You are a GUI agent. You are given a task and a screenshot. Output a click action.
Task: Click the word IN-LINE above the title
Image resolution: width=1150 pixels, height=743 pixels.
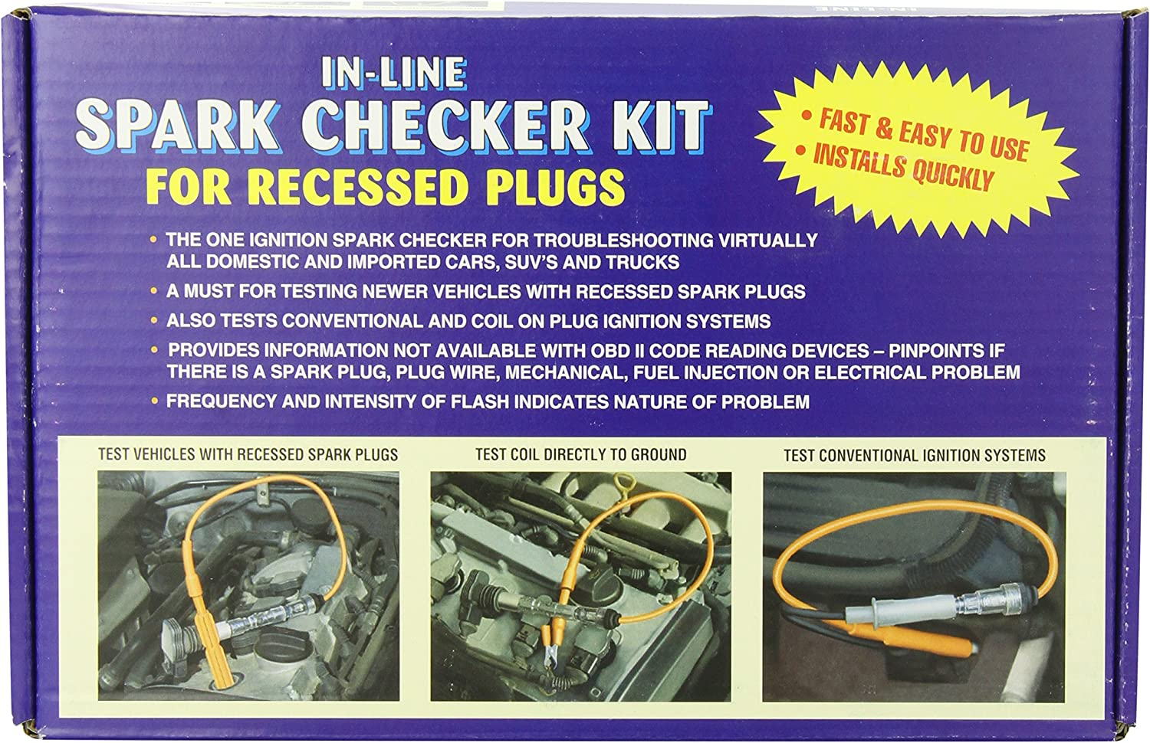click(x=393, y=73)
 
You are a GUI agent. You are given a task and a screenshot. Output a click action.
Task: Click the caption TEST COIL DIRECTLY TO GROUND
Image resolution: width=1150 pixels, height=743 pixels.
click(x=580, y=454)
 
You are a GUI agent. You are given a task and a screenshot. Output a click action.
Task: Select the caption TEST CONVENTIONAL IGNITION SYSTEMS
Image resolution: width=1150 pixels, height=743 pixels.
click(x=914, y=455)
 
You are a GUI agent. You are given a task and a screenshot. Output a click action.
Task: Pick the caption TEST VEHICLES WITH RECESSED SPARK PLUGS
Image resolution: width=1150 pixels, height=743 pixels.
click(x=248, y=454)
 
